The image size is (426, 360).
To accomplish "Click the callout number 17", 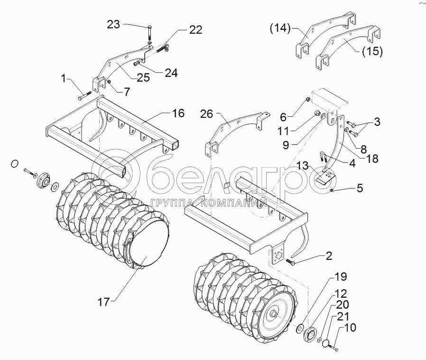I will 103,301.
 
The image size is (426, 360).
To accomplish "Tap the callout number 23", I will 114,24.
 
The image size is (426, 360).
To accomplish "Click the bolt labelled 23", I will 149,32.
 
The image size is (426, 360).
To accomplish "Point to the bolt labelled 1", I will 83,97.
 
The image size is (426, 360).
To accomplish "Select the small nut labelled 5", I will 332,190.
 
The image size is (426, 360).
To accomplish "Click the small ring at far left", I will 15,164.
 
